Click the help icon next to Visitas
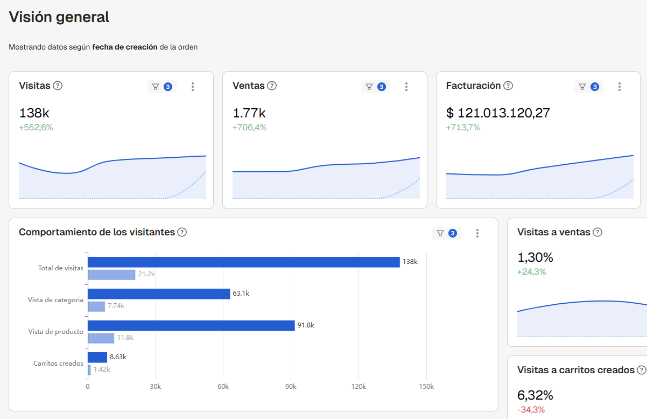pyautogui.click(x=58, y=86)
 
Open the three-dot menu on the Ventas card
pyautogui.click(x=406, y=87)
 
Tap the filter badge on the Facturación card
pyautogui.click(x=589, y=87)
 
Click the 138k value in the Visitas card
pyautogui.click(x=34, y=113)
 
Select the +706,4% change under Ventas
pyautogui.click(x=250, y=128)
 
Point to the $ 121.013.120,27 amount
pyautogui.click(x=498, y=113)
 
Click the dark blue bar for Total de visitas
pyautogui.click(x=244, y=262)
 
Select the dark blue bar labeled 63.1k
pyautogui.click(x=159, y=294)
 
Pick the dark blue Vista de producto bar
pyautogui.click(x=191, y=326)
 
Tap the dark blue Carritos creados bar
pyautogui.click(x=97, y=358)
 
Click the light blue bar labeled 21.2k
pyautogui.click(x=111, y=275)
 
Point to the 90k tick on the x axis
pyautogui.click(x=291, y=387)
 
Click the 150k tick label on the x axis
pyautogui.click(x=427, y=387)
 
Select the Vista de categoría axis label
pyautogui.click(x=55, y=300)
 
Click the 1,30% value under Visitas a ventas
pyautogui.click(x=535, y=257)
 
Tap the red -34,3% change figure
pyautogui.click(x=531, y=409)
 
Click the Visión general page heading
pyautogui.click(x=59, y=17)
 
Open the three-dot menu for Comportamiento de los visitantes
pyautogui.click(x=477, y=233)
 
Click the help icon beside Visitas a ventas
pyautogui.click(x=597, y=232)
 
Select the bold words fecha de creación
pyautogui.click(x=125, y=47)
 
